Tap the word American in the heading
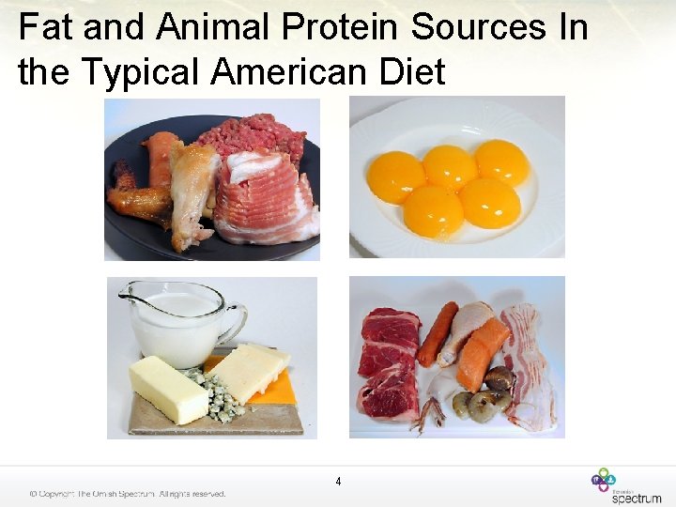290,70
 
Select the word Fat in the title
46,27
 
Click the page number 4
338,482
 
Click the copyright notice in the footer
127,494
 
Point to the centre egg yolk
450,168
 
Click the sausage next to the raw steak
437,334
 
